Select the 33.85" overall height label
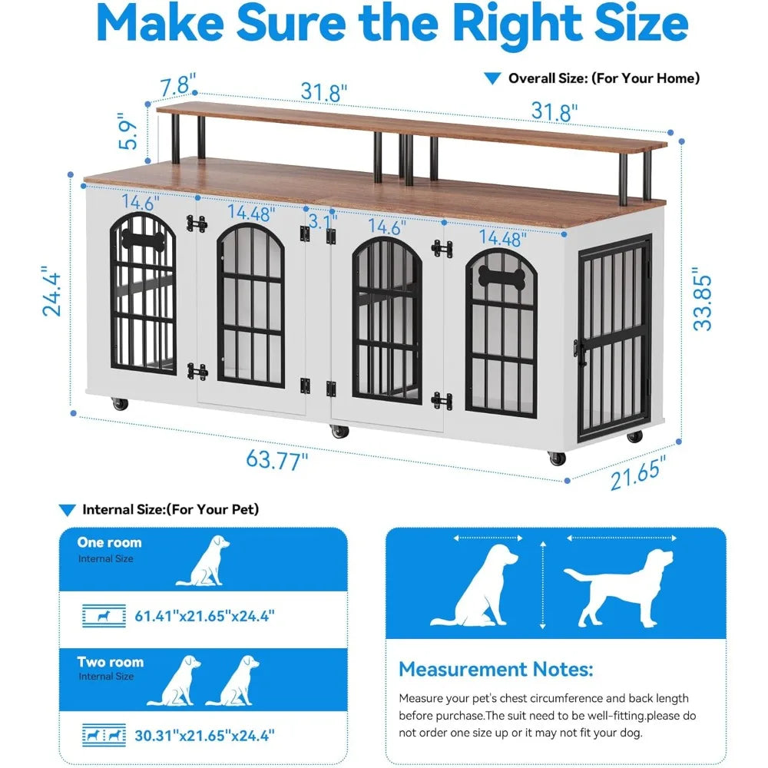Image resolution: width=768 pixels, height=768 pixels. (x=703, y=299)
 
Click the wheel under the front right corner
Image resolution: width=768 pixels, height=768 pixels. (x=557, y=458)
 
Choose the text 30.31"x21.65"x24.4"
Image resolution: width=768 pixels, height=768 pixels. (x=204, y=735)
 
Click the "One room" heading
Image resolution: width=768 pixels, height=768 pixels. (x=109, y=542)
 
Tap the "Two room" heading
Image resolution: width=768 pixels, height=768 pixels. (x=110, y=662)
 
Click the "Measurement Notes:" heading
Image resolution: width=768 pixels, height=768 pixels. (x=495, y=669)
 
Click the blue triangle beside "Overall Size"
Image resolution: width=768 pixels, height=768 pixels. (x=492, y=78)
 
